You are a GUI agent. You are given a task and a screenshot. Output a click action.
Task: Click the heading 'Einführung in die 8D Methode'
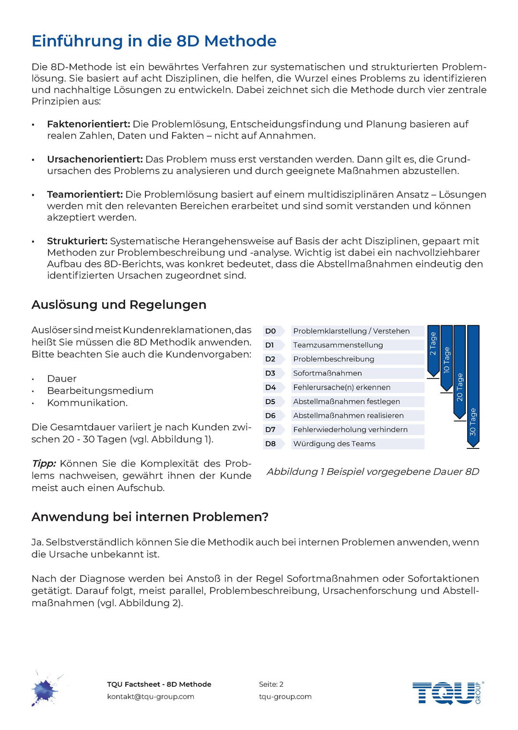tap(154, 41)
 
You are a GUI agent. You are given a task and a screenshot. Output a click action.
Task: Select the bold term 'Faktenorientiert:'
tap(88, 124)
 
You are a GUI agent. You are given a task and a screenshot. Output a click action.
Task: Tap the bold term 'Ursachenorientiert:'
tap(94, 159)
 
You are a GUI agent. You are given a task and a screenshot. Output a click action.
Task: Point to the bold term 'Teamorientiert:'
tap(85, 194)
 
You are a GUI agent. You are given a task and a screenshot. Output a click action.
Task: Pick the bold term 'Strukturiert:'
tap(77, 241)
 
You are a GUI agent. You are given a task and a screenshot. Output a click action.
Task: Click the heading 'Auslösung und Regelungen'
tap(119, 305)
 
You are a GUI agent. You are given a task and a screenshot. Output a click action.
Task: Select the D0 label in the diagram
tap(271, 331)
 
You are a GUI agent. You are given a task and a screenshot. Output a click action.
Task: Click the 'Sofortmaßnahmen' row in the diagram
tap(328, 373)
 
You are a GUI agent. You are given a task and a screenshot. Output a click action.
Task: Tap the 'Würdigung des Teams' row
tap(334, 444)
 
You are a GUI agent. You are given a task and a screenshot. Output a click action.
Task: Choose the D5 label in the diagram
tap(271, 401)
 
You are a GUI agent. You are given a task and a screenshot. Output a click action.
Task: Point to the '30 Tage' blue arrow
tap(473, 386)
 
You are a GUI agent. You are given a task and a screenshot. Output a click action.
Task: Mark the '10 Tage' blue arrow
tap(447, 358)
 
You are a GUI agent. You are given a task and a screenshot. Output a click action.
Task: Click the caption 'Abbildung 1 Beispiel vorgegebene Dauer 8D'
tap(373, 471)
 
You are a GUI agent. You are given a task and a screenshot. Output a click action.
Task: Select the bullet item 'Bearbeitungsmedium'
tap(100, 390)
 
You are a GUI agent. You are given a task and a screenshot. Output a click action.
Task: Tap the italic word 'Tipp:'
tap(44, 463)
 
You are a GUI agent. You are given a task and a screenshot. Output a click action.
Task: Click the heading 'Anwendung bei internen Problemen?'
tap(150, 517)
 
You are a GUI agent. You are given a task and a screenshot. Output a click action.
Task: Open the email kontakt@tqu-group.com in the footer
tap(151, 696)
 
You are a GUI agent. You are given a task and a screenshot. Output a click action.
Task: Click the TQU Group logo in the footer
tap(447, 693)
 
